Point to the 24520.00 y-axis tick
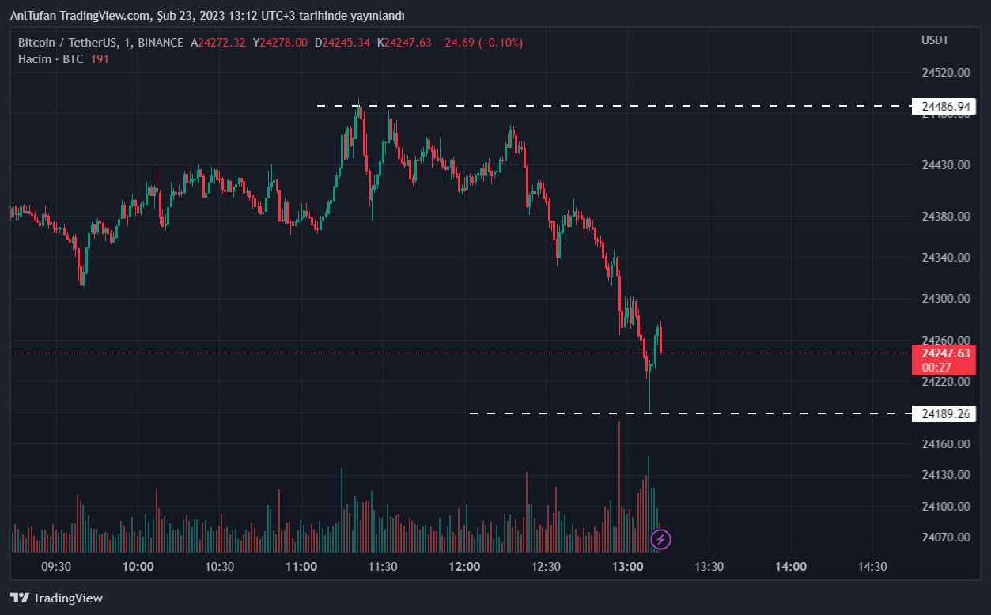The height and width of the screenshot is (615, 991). coord(946,72)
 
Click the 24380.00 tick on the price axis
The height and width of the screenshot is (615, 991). coord(946,216)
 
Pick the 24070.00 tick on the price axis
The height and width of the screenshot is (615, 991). coord(946,537)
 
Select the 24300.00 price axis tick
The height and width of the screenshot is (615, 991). coord(946,298)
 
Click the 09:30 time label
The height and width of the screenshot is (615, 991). coord(56,566)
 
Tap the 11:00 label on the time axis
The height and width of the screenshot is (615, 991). coord(301,566)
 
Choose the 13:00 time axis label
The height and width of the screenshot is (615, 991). coord(627,566)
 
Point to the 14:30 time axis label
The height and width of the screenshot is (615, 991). coord(872,566)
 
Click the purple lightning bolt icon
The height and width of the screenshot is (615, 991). coord(660,540)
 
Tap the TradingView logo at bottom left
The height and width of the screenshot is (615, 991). coord(56,598)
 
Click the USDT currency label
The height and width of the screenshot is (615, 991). coord(935,40)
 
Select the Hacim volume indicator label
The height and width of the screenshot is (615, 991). coord(34,58)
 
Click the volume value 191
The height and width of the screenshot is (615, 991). coord(99,58)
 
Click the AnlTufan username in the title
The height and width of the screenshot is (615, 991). coord(32,16)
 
